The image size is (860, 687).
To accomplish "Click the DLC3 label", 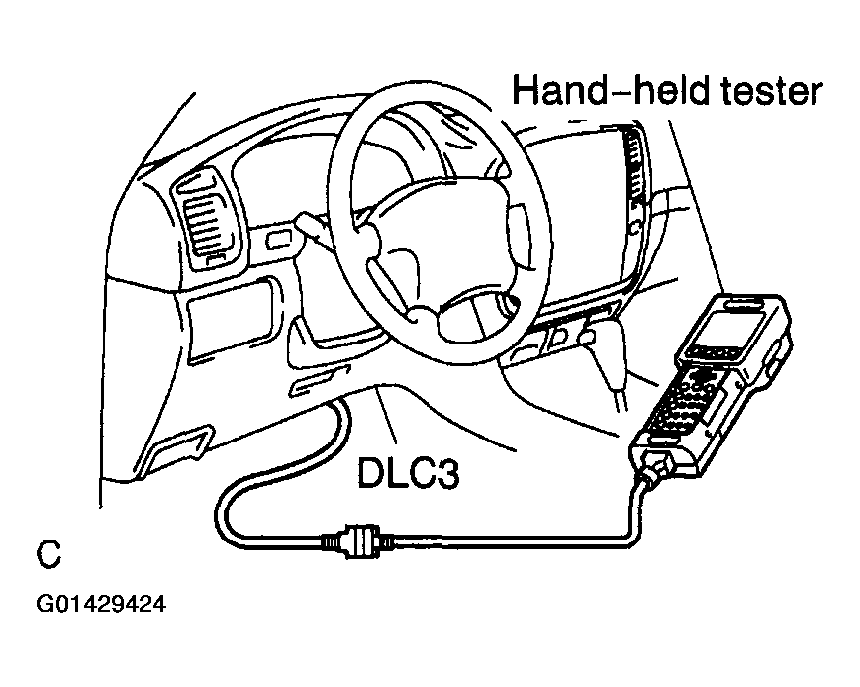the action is pyautogui.click(x=408, y=473).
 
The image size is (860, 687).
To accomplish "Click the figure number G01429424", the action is pyautogui.click(x=101, y=604).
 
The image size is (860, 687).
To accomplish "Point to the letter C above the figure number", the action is pyautogui.click(x=48, y=554).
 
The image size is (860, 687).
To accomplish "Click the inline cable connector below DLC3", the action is pyautogui.click(x=357, y=541).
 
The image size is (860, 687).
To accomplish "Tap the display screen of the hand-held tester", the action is pyautogui.click(x=729, y=331).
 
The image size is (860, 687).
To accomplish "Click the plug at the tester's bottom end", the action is pyautogui.click(x=655, y=467).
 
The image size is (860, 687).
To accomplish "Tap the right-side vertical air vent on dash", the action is pyautogui.click(x=636, y=164).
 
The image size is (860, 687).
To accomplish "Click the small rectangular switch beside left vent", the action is pyautogui.click(x=279, y=240).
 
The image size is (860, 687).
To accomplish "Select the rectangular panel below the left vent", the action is pyautogui.click(x=231, y=321).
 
